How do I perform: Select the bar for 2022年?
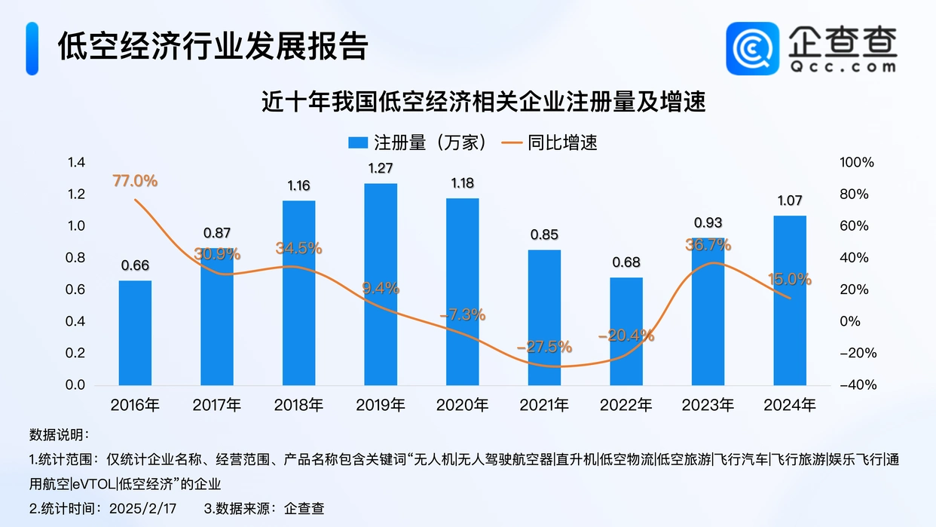coord(626,332)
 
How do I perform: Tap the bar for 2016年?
coord(135,332)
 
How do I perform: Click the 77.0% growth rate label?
coord(135,181)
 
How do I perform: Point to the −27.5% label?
coord(544,347)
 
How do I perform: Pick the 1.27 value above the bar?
coord(381,169)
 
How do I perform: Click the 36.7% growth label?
coord(708,245)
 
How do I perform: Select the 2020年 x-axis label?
coord(462,405)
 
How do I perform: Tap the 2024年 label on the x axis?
coord(789,405)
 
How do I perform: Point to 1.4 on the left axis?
coord(75,163)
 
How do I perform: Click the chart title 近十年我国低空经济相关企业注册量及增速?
coord(467,102)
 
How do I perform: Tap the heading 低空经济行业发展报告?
coord(213,46)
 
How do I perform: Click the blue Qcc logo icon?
coord(752,49)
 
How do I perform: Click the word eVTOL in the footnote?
coord(95,483)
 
